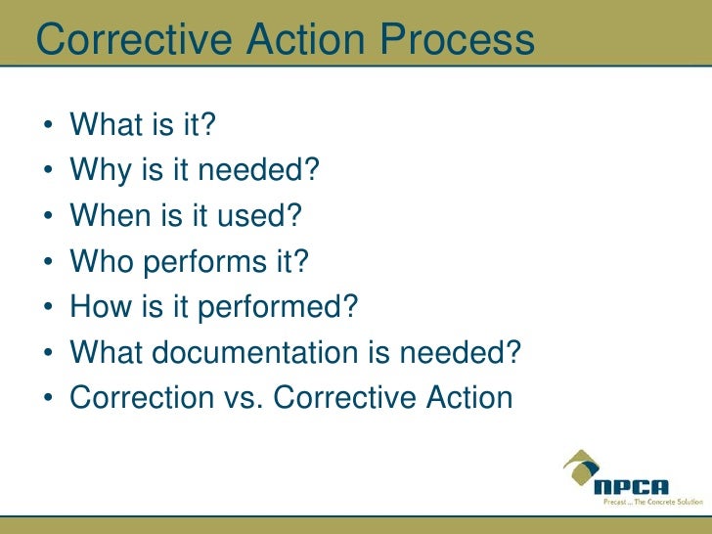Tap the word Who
tap(102, 261)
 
